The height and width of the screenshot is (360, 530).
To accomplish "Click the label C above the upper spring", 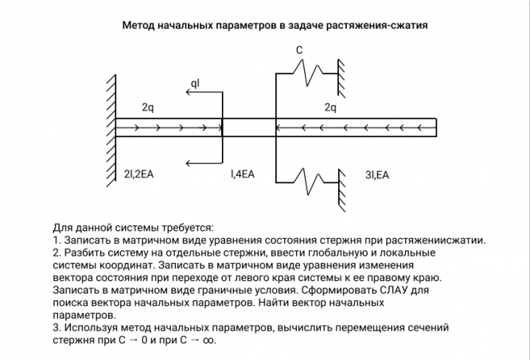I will (299, 50).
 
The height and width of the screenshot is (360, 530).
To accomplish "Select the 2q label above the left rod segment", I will (149, 107).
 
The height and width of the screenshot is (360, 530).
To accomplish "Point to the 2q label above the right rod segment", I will (331, 107).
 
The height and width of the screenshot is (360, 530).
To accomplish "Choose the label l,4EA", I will (243, 174).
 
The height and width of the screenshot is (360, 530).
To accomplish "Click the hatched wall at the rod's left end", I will (109, 127).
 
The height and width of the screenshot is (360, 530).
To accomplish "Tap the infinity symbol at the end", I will (209, 339).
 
